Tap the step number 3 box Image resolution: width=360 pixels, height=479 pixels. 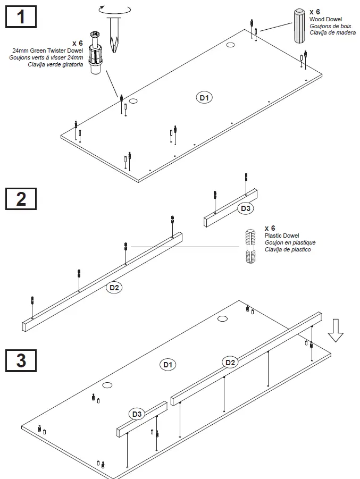21,360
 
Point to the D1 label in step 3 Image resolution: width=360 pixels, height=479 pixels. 169,365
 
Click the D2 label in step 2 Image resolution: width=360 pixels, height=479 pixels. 114,288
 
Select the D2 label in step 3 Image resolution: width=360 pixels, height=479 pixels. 230,363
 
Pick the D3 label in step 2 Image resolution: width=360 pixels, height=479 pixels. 245,208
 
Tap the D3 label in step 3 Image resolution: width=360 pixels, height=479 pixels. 137,414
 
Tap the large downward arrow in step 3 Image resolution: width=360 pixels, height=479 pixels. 336,330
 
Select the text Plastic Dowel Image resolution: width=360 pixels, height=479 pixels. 281,236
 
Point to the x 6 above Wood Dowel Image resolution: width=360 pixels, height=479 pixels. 315,11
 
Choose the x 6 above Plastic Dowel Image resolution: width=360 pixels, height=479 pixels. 270,228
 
